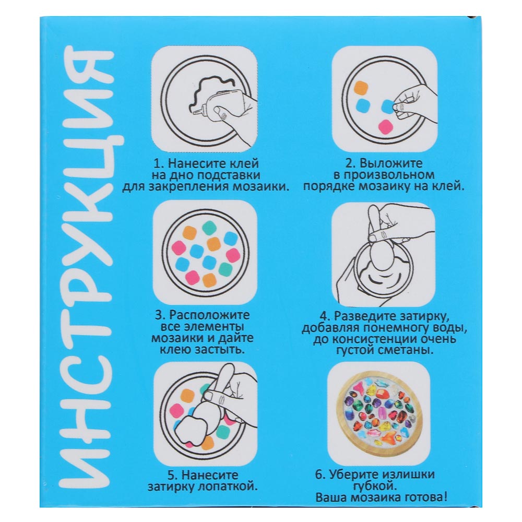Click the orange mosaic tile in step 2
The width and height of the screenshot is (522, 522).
tap(361, 88)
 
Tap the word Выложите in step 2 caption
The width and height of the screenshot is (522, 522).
tap(391, 163)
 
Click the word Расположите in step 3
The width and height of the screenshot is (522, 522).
tap(210, 315)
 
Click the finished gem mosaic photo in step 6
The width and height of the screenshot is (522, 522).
tap(380, 413)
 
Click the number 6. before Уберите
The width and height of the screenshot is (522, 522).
tap(320, 474)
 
